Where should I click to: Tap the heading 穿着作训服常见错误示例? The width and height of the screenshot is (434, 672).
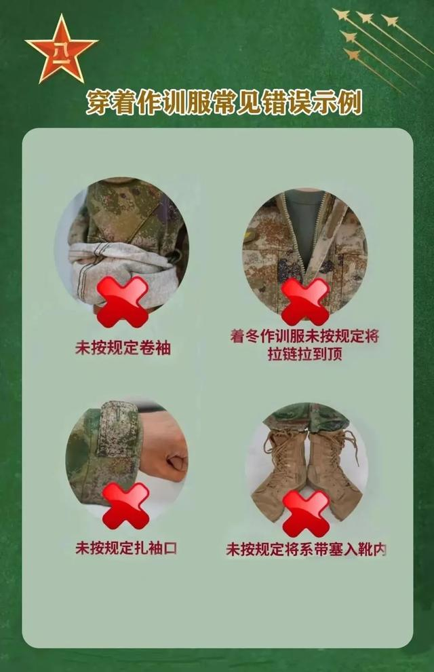coord(224,102)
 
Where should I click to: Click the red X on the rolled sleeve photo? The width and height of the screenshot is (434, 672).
coord(123,301)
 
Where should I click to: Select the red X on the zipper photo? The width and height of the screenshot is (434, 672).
coord(305,301)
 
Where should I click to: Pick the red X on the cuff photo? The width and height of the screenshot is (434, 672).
coord(126,506)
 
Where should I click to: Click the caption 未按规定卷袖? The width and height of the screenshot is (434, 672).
coord(123,348)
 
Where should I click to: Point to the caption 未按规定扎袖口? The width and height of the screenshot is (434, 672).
coord(126,548)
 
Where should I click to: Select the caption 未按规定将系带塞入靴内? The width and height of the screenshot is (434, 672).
coord(306,549)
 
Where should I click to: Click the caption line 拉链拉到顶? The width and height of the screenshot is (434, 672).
coord(304,354)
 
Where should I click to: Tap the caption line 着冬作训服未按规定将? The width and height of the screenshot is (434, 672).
coord(304,336)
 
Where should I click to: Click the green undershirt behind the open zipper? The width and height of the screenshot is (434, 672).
coord(304,227)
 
